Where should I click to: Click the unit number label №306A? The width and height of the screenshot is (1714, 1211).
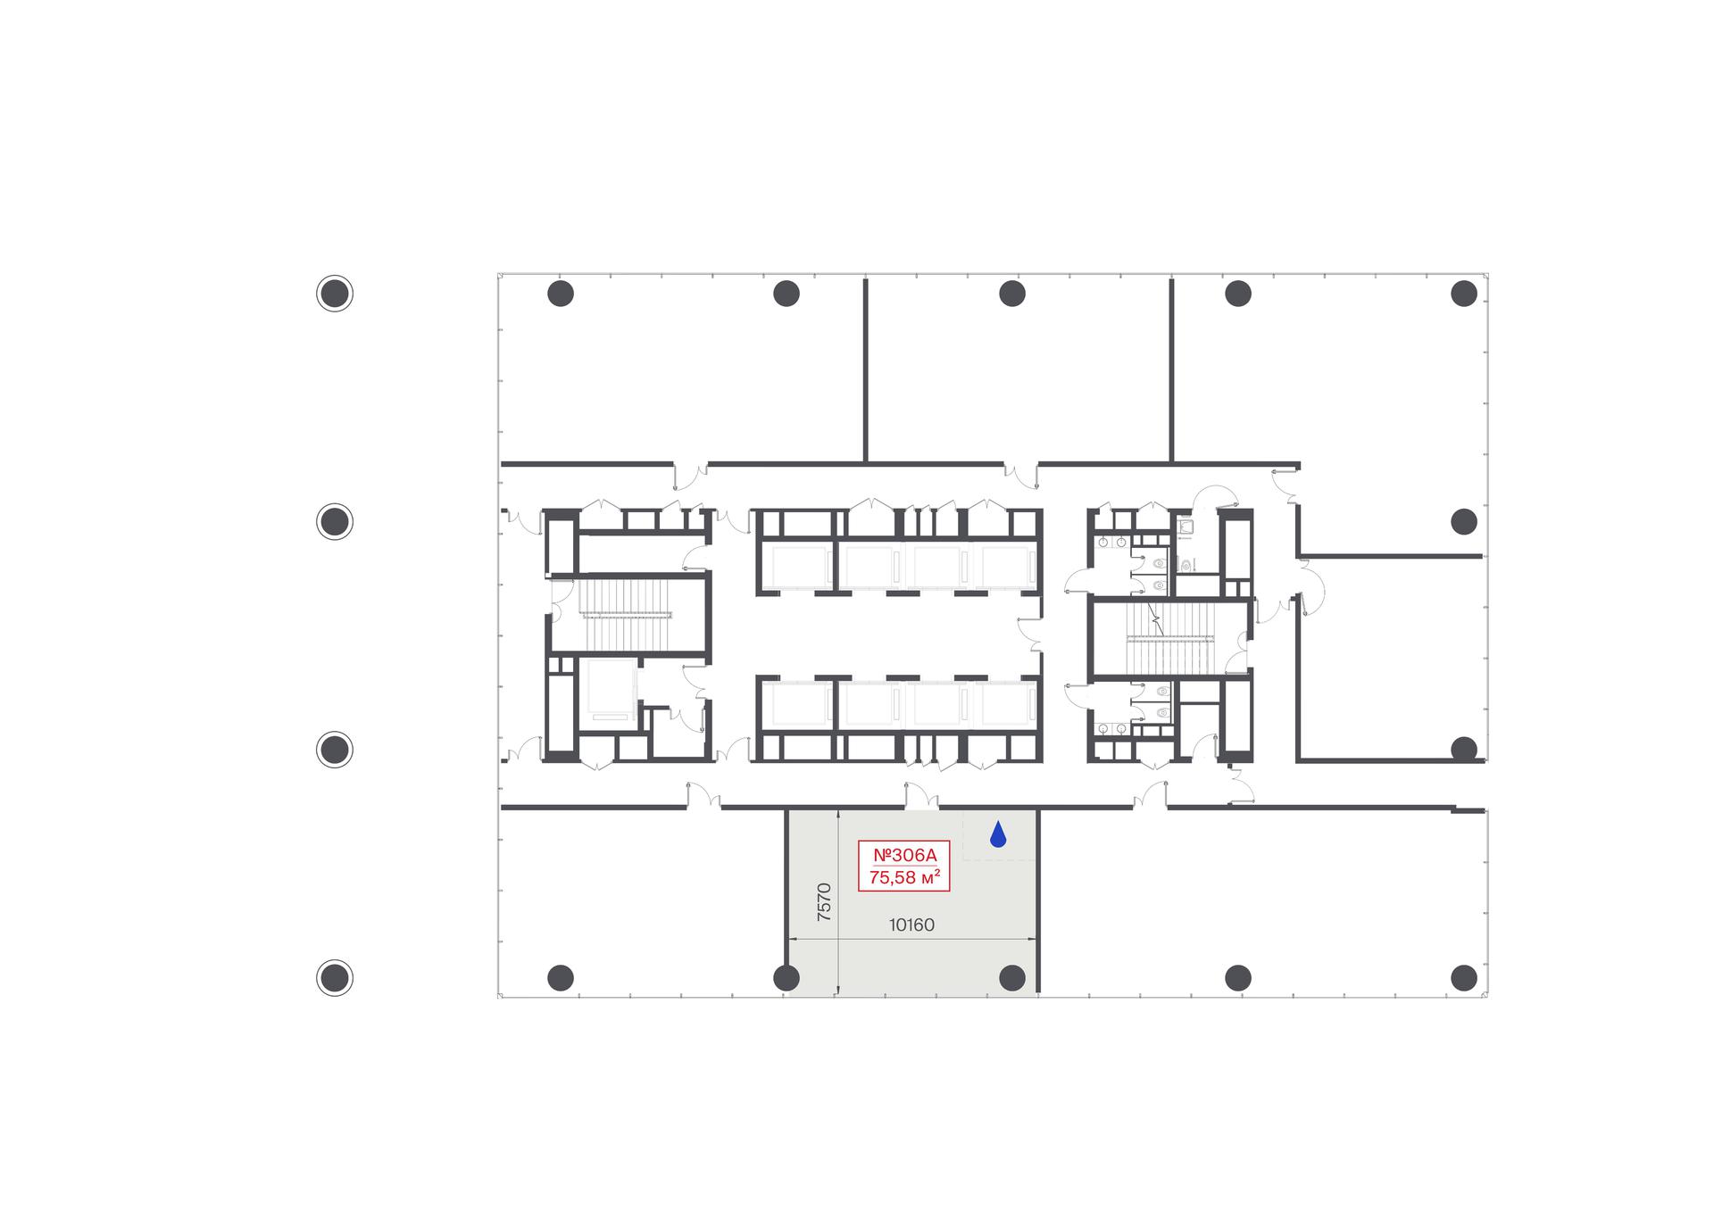(904, 855)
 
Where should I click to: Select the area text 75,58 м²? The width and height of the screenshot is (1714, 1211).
(904, 877)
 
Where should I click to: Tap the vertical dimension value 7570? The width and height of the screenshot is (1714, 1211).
(824, 901)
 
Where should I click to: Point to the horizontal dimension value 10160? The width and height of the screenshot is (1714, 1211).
(911, 925)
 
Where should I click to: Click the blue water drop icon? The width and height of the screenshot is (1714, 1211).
(998, 834)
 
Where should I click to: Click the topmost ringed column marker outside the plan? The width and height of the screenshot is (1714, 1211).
(335, 293)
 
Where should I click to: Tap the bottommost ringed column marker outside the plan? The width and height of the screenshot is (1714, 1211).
(335, 978)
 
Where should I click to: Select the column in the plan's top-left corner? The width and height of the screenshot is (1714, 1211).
(561, 293)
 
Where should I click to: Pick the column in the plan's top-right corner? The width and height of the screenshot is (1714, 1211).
(1464, 293)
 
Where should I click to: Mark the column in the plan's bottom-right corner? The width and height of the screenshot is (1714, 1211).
(1464, 978)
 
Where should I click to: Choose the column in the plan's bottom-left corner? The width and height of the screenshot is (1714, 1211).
(561, 978)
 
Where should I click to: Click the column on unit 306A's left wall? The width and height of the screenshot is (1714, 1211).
(786, 978)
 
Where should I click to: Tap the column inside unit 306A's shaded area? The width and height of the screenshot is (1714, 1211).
(1012, 978)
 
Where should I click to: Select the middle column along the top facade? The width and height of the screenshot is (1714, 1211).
(1012, 293)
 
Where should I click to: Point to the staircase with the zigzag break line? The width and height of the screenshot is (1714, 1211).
(1170, 639)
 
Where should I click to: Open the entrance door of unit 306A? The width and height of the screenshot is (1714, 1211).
(923, 797)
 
